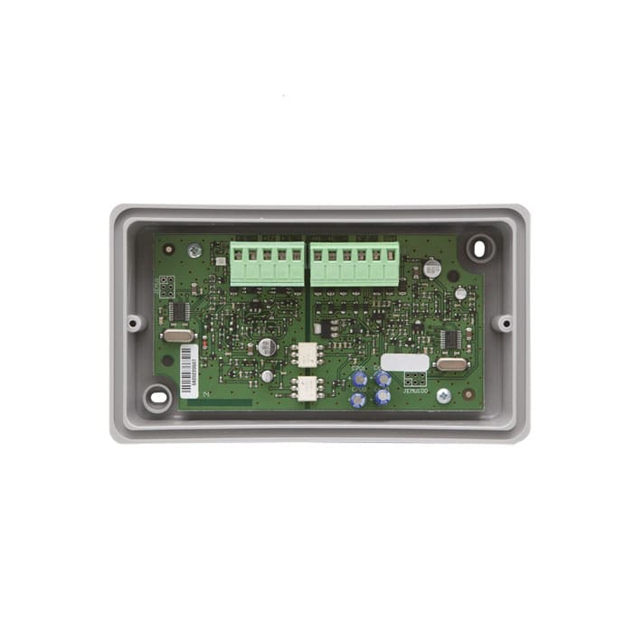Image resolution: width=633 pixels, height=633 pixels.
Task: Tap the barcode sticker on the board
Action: point(188,371)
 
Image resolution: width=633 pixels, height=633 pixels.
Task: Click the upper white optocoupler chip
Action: point(307,355)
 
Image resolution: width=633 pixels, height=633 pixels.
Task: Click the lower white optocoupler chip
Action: point(307,390)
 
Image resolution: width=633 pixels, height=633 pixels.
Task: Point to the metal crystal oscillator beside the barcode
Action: point(178,335)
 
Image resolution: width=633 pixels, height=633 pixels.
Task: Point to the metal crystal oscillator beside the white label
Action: point(449,364)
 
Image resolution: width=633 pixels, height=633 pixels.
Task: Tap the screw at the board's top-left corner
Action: point(194,250)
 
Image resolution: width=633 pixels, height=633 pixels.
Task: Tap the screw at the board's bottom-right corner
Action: point(443,395)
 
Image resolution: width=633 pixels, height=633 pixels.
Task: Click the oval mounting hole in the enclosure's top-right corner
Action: point(480,247)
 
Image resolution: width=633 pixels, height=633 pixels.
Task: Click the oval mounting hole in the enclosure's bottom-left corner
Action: point(158,396)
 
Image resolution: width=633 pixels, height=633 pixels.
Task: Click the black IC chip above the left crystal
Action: point(178,311)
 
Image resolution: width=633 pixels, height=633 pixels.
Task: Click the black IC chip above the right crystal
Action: point(449,339)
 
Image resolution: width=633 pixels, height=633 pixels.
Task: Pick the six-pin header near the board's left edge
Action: point(166,288)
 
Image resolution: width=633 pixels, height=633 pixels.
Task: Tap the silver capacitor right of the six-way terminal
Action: point(432,269)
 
